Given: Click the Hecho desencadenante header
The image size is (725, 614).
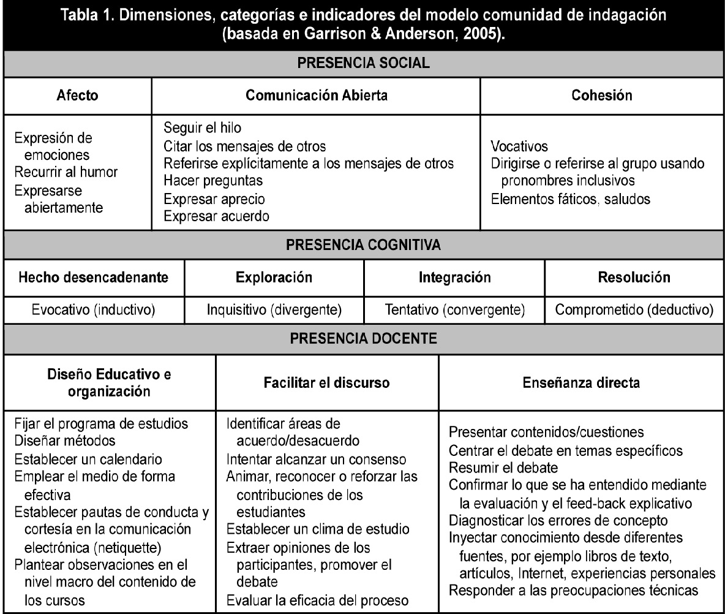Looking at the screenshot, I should (94, 277).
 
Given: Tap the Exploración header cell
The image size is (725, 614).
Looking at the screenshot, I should (274, 277).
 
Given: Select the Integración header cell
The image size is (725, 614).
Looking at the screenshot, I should (454, 277).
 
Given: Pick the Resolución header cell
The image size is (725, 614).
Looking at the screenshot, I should (634, 277).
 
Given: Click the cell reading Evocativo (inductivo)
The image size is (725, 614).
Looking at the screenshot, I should (94, 309).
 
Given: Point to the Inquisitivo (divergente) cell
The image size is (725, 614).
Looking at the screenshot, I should (274, 309).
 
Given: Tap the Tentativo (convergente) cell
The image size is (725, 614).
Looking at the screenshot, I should (454, 309).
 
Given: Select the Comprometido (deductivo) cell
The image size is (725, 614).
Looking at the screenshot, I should (634, 309).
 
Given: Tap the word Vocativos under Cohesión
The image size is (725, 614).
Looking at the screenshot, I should (519, 148).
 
